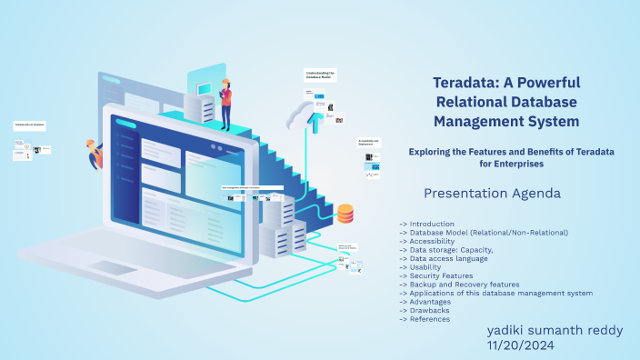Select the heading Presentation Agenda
(x=492, y=194)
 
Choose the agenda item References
(x=430, y=319)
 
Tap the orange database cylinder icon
(x=345, y=215)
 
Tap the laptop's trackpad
(x=113, y=268)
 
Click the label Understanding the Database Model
(x=320, y=75)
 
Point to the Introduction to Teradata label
(x=29, y=124)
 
